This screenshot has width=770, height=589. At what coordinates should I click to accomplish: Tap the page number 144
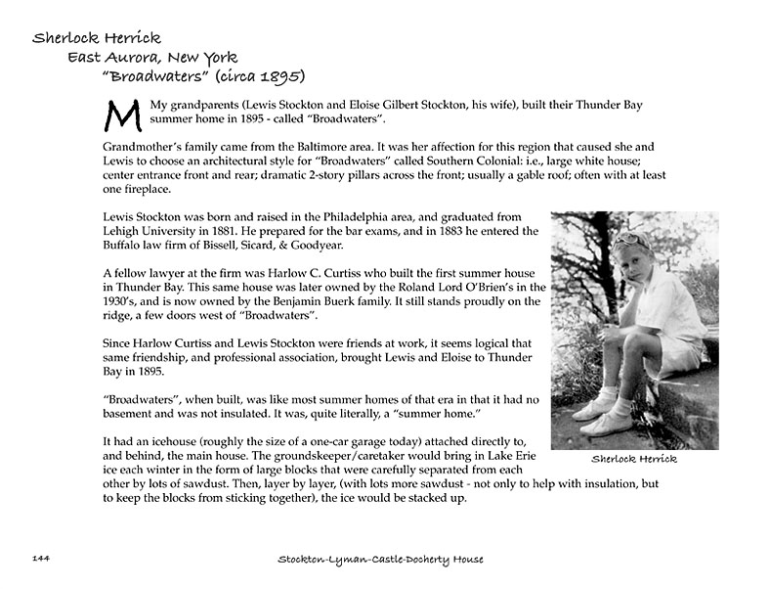coord(41,559)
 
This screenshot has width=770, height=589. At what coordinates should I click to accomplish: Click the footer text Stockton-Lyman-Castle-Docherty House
coord(381,559)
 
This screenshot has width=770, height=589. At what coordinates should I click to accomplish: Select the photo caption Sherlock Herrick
coord(634,460)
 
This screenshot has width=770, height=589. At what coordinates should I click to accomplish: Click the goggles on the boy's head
coord(630,238)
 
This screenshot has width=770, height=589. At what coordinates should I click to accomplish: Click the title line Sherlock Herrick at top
coord(96,38)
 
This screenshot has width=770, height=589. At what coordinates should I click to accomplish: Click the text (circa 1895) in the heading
coord(258,76)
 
